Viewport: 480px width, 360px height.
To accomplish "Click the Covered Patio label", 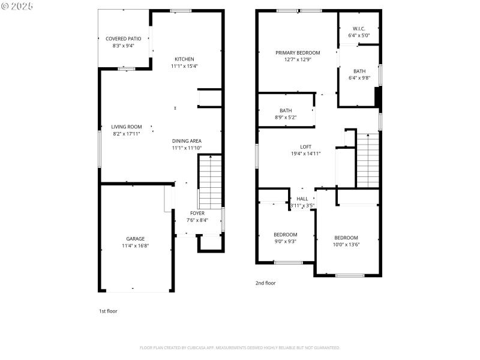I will [123, 38].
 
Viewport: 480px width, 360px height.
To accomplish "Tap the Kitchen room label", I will [184, 59].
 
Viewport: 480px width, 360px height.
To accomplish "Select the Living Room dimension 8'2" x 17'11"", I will [127, 134].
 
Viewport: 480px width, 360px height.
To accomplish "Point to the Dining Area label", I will [187, 140].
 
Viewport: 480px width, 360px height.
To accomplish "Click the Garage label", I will [135, 238].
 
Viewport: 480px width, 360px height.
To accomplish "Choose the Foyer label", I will [197, 213].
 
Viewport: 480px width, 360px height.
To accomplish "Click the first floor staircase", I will [210, 181].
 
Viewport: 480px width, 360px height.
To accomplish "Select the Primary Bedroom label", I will [298, 53].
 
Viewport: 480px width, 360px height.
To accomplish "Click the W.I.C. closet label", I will [359, 28].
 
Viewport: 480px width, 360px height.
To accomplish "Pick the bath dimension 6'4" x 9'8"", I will [359, 78].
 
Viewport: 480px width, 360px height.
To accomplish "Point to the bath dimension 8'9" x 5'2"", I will [286, 118].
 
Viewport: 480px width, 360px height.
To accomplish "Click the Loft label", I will [306, 146].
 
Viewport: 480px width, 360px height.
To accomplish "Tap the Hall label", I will [302, 199].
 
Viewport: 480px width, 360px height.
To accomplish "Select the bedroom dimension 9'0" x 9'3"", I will [286, 242].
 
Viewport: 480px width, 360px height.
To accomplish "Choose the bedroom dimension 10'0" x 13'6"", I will [346, 245].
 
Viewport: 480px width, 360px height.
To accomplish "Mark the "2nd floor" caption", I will [266, 283].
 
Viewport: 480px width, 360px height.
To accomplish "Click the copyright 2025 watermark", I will [17, 5].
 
